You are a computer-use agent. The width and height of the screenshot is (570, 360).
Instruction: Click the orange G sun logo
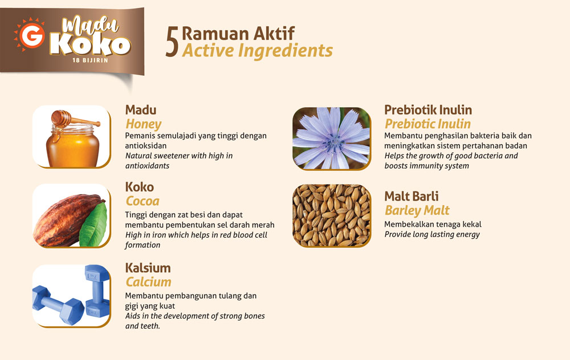pos(30,35)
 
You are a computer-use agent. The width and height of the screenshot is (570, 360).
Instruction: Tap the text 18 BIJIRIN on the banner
pos(90,60)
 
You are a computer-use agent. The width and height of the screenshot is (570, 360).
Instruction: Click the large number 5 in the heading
pos(172,42)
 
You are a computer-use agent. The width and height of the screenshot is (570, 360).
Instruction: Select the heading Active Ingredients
pos(258,51)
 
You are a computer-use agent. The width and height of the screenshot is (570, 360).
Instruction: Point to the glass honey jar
pos(73,145)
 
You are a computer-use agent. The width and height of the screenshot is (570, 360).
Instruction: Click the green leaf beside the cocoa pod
pos(94,225)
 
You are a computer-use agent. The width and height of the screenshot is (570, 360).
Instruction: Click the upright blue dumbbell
pos(97,291)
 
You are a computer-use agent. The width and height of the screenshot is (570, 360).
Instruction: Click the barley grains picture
pos(332,215)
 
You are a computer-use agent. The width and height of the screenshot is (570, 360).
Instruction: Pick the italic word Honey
pos(143,124)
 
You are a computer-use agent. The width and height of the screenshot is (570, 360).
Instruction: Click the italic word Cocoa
pos(142,201)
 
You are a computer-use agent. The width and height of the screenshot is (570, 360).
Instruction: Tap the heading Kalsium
pos(148,268)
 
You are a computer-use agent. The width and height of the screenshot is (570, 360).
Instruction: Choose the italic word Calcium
pos(148,282)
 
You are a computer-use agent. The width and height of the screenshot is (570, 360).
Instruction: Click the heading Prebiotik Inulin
pos(428,110)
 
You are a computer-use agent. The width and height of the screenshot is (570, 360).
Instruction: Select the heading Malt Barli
pos(412,196)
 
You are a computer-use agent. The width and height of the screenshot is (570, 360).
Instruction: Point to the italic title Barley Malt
pos(417,210)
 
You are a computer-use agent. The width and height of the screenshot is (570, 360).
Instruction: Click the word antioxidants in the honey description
pos(147,166)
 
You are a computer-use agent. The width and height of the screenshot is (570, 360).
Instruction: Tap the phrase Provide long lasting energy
pos(432,234)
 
